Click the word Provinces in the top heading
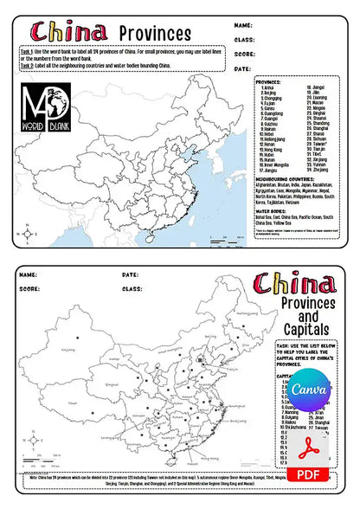(155, 33)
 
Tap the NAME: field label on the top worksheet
(243, 25)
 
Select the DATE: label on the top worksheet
(243, 68)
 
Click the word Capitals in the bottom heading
(308, 330)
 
